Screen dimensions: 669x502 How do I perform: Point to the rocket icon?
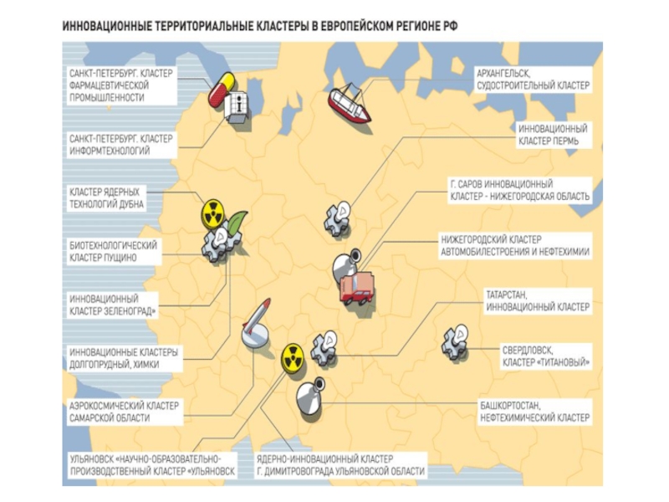point(257,319)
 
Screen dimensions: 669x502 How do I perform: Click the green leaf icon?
point(237,222)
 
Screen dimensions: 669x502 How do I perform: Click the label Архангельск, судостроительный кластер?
point(532,79)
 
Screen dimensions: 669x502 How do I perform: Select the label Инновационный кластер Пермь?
point(553,136)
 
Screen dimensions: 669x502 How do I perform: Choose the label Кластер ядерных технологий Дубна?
point(106,197)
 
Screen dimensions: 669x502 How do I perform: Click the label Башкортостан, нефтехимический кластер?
point(534,412)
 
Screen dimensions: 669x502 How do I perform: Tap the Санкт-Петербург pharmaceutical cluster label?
point(120,85)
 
